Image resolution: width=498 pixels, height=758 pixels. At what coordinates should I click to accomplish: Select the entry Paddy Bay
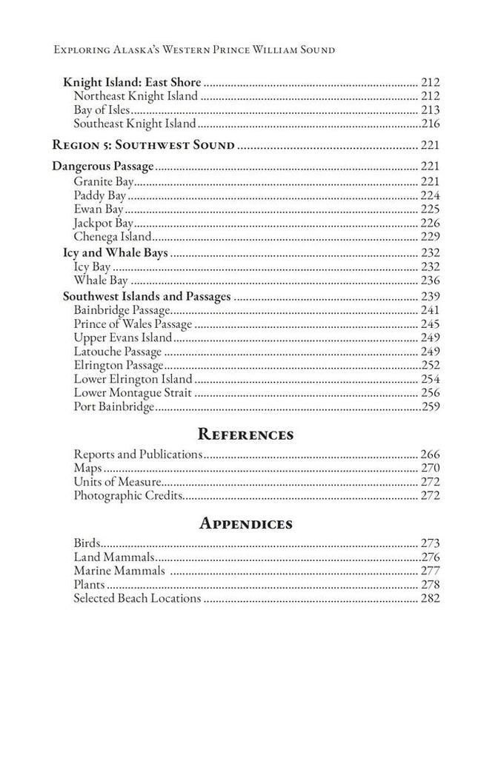click(x=99, y=195)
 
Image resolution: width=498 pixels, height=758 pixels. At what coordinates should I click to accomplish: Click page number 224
click(x=430, y=195)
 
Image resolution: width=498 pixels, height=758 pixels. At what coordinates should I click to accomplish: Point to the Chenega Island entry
click(x=113, y=237)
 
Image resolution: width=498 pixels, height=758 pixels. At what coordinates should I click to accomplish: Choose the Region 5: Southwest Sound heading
click(x=142, y=145)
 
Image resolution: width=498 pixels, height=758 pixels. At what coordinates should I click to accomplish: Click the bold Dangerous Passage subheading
click(x=103, y=166)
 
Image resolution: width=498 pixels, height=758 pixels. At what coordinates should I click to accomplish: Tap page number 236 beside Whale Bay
click(x=430, y=281)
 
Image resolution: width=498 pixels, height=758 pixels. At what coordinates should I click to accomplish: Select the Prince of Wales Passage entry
click(x=133, y=324)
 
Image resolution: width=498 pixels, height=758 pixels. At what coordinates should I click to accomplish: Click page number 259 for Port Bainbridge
click(x=430, y=407)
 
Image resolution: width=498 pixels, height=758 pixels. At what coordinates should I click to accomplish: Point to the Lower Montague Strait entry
click(x=133, y=393)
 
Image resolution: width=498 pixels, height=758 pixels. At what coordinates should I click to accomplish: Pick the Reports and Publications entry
click(x=138, y=455)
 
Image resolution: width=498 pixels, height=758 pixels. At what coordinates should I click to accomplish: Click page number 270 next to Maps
click(x=430, y=468)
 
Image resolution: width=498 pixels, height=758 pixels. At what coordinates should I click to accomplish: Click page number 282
click(x=430, y=598)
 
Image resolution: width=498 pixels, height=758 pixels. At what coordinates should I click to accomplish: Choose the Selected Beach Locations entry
click(x=137, y=598)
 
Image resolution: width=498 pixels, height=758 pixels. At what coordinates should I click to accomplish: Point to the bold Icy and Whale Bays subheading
click(x=115, y=253)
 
